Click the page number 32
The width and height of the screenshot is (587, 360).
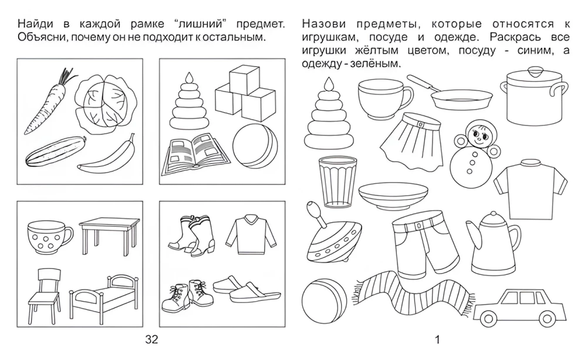pyautogui.click(x=151, y=340)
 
